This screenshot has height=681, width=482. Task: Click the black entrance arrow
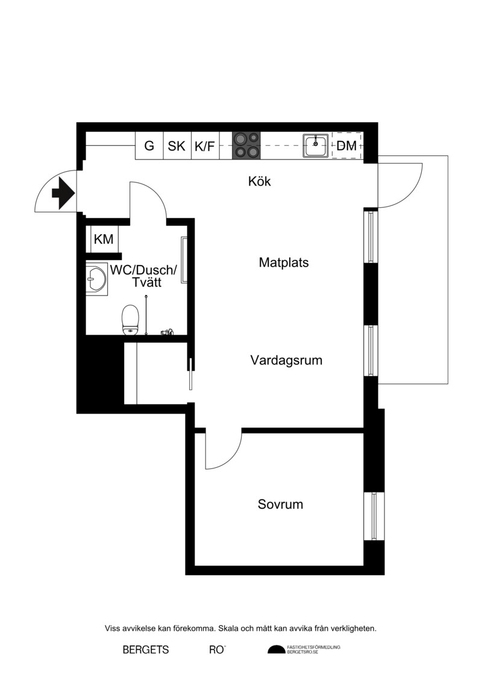click(x=63, y=193)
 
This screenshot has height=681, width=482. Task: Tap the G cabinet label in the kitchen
click(x=149, y=146)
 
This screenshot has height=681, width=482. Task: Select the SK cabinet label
click(x=177, y=146)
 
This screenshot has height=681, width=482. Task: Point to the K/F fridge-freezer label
click(x=205, y=146)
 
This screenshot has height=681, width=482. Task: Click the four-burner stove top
click(x=246, y=146)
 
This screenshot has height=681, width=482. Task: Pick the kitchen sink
click(x=316, y=146)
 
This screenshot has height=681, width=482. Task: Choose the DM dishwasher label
click(x=346, y=146)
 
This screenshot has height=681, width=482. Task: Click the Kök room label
click(x=259, y=181)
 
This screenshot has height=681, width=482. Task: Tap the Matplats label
click(x=283, y=263)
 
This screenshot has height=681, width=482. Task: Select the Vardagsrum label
click(x=286, y=360)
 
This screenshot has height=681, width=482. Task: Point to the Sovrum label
click(x=280, y=504)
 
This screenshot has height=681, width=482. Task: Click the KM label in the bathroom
click(x=104, y=239)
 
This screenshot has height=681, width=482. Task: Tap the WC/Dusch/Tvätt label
click(x=143, y=276)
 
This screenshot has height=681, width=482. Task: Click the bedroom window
click(x=374, y=516)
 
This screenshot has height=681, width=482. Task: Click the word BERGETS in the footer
click(x=146, y=650)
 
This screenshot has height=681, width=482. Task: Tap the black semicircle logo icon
click(x=277, y=650)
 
